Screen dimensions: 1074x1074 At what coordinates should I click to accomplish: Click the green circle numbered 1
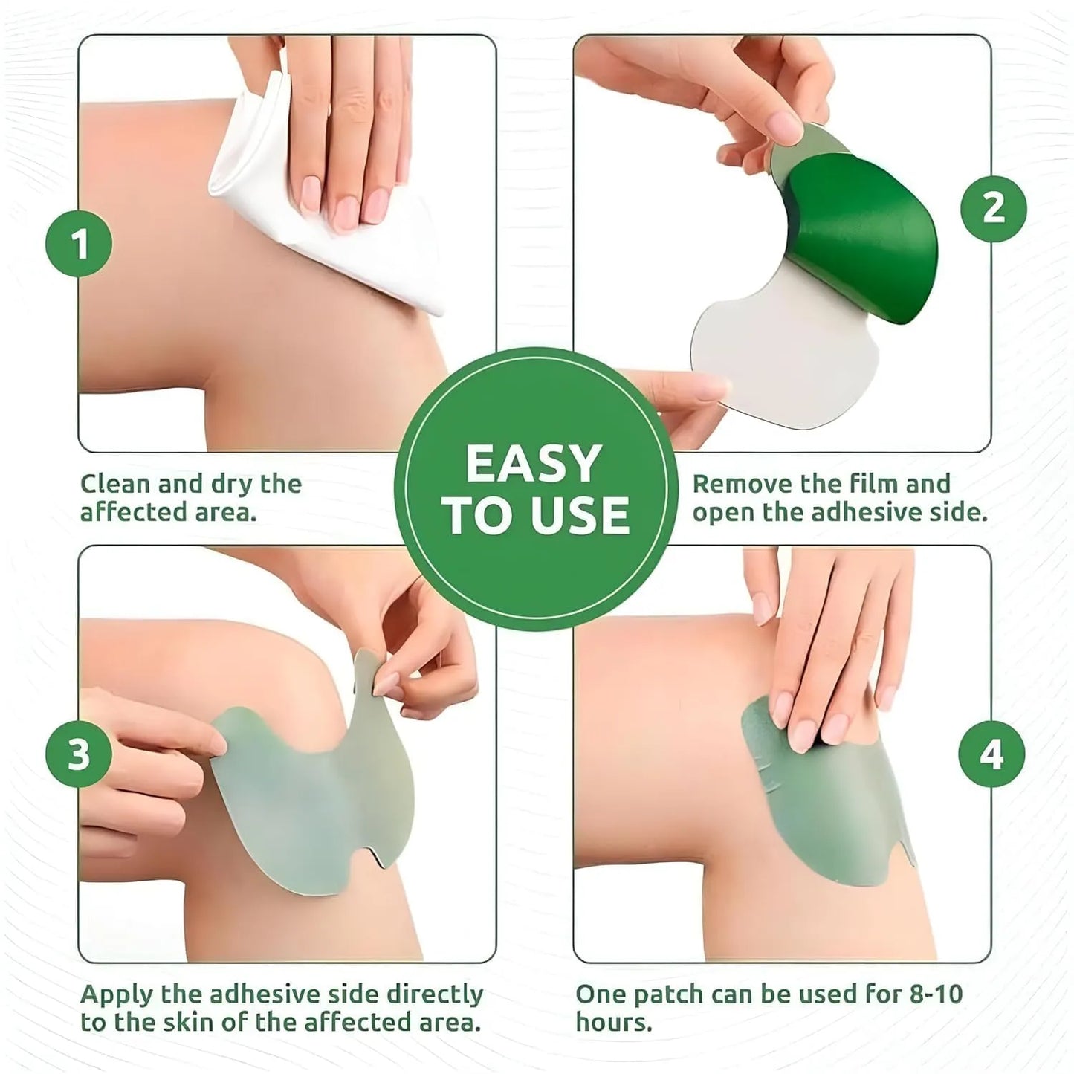click(x=79, y=244)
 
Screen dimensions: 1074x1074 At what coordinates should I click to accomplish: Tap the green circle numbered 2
click(x=993, y=208)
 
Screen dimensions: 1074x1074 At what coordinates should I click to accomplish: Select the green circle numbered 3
click(x=79, y=754)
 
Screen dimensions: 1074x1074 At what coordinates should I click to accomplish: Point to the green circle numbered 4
click(x=991, y=754)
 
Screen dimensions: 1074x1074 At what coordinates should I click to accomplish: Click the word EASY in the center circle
click(x=533, y=465)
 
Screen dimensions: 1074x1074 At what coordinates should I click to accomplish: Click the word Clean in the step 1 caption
click(x=115, y=484)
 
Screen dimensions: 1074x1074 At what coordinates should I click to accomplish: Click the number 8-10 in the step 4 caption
click(x=935, y=994)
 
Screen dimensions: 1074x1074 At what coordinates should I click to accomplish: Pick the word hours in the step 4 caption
click(x=613, y=1022)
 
